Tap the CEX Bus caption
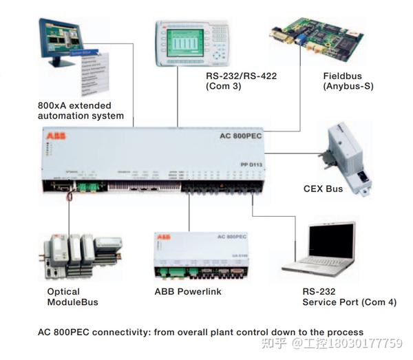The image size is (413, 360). point(323,188)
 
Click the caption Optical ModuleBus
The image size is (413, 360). point(72,297)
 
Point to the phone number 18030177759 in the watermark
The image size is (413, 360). point(369,343)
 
